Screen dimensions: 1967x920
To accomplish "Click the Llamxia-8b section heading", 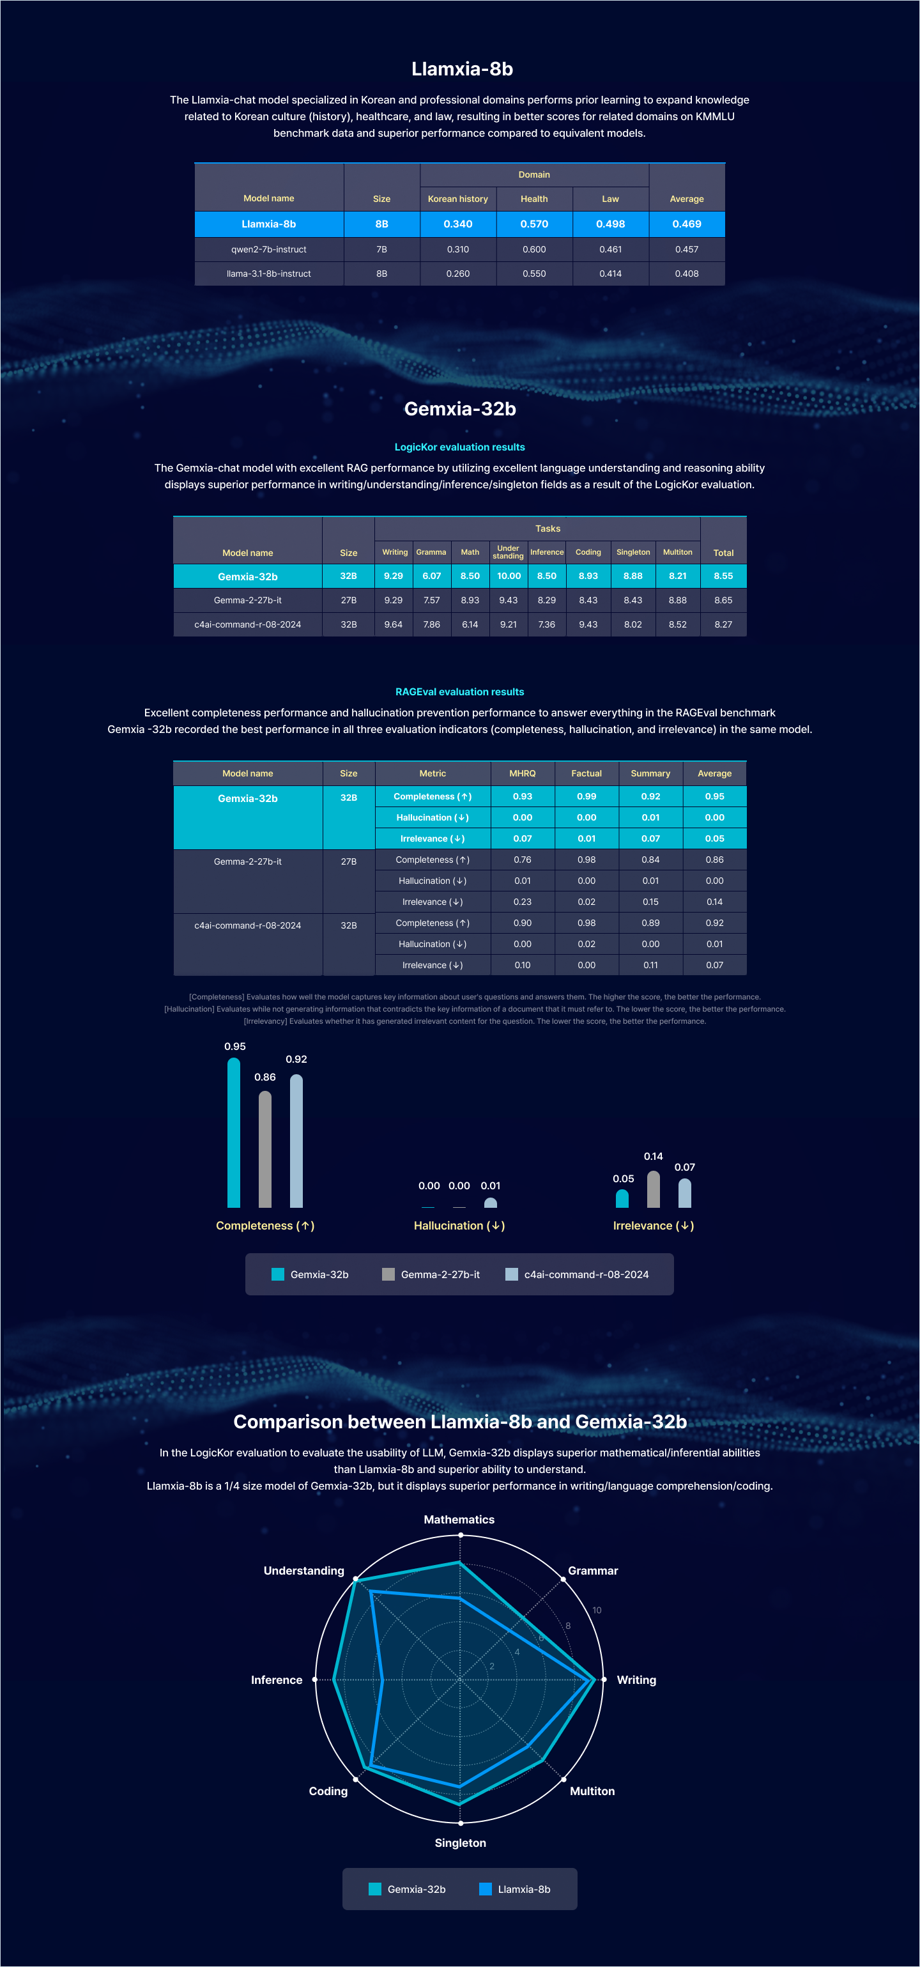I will click(462, 69).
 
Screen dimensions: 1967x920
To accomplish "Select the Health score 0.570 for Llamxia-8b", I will click(533, 224).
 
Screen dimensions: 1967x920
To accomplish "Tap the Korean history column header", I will click(457, 199).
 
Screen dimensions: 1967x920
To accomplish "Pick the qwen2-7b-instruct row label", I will click(269, 249).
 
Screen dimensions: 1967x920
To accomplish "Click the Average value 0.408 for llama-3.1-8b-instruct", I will click(686, 274).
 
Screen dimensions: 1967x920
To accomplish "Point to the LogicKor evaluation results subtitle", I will click(459, 447).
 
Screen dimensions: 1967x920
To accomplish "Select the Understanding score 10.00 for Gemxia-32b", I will click(509, 576).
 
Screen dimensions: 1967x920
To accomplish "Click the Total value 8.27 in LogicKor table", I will click(723, 624).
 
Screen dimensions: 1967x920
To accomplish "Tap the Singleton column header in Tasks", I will click(633, 552).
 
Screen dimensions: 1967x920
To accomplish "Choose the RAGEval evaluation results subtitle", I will click(459, 692).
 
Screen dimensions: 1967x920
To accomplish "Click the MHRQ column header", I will click(522, 773).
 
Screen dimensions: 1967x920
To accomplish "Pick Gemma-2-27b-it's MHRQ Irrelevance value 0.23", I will click(522, 902).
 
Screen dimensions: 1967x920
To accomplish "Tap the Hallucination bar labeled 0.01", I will click(491, 1203).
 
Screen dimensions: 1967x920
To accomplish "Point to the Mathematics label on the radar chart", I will click(459, 1520).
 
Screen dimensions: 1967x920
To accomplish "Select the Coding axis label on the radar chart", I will click(328, 1791).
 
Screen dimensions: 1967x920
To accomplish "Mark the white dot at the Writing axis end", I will click(603, 1680).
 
